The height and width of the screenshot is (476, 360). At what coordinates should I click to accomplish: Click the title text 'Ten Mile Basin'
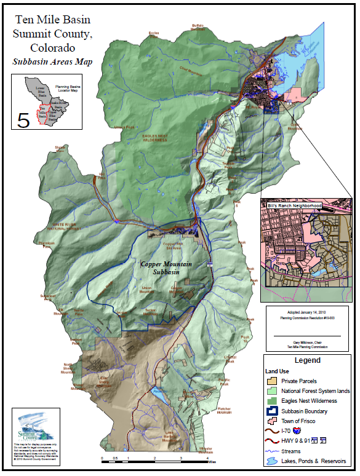pyautogui.click(x=53, y=20)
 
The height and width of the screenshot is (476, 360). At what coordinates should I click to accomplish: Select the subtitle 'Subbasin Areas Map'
pyautogui.click(x=53, y=61)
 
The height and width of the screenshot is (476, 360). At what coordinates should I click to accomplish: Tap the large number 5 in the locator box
pyautogui.click(x=23, y=119)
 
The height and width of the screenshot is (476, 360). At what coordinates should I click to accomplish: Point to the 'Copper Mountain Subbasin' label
pyautogui.click(x=166, y=268)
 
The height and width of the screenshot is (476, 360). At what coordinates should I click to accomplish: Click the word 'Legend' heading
pyautogui.click(x=307, y=361)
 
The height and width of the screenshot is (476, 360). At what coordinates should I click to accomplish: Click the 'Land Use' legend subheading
pyautogui.click(x=278, y=371)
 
